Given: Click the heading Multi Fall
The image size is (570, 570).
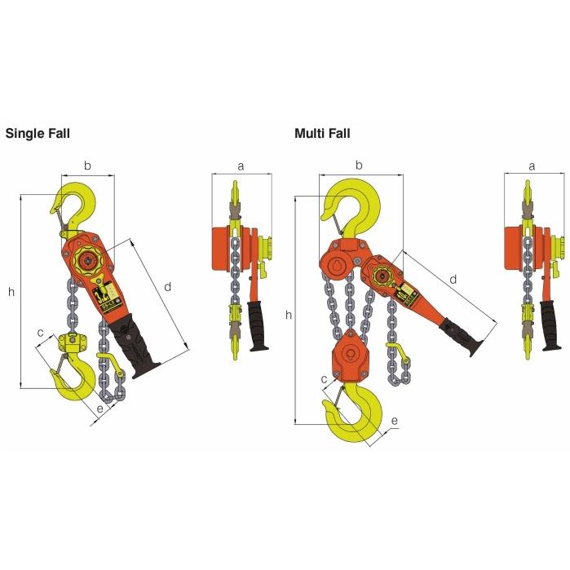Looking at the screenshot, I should [322, 132].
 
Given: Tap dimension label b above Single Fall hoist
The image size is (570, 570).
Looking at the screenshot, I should [87, 166].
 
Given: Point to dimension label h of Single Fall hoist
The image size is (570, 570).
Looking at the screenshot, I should [11, 291].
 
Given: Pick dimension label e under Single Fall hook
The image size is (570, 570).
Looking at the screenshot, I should [100, 409].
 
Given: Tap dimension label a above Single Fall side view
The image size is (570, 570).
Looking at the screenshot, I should [240, 166].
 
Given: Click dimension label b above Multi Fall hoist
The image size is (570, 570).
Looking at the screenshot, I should [359, 166].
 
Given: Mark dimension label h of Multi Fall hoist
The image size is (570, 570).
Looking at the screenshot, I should [289, 313].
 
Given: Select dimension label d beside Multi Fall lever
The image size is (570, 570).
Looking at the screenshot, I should [453, 280].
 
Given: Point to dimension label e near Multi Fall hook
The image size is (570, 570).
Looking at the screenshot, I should [395, 421].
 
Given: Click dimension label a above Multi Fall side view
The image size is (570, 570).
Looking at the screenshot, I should [532, 166].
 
